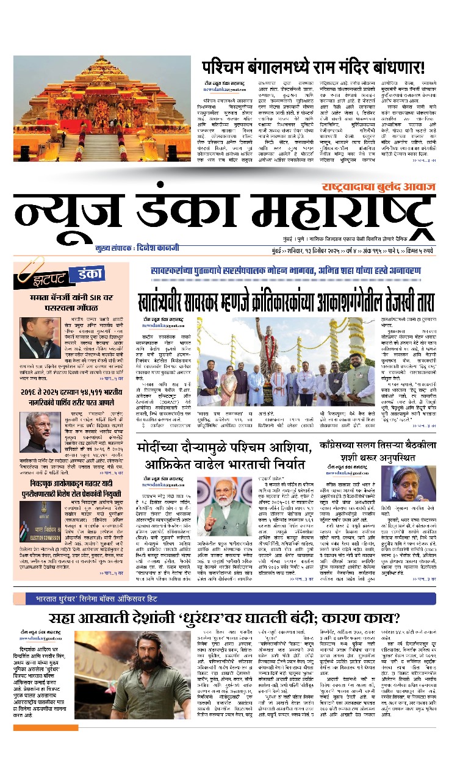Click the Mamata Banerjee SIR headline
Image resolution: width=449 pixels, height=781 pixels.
click(71, 303)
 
